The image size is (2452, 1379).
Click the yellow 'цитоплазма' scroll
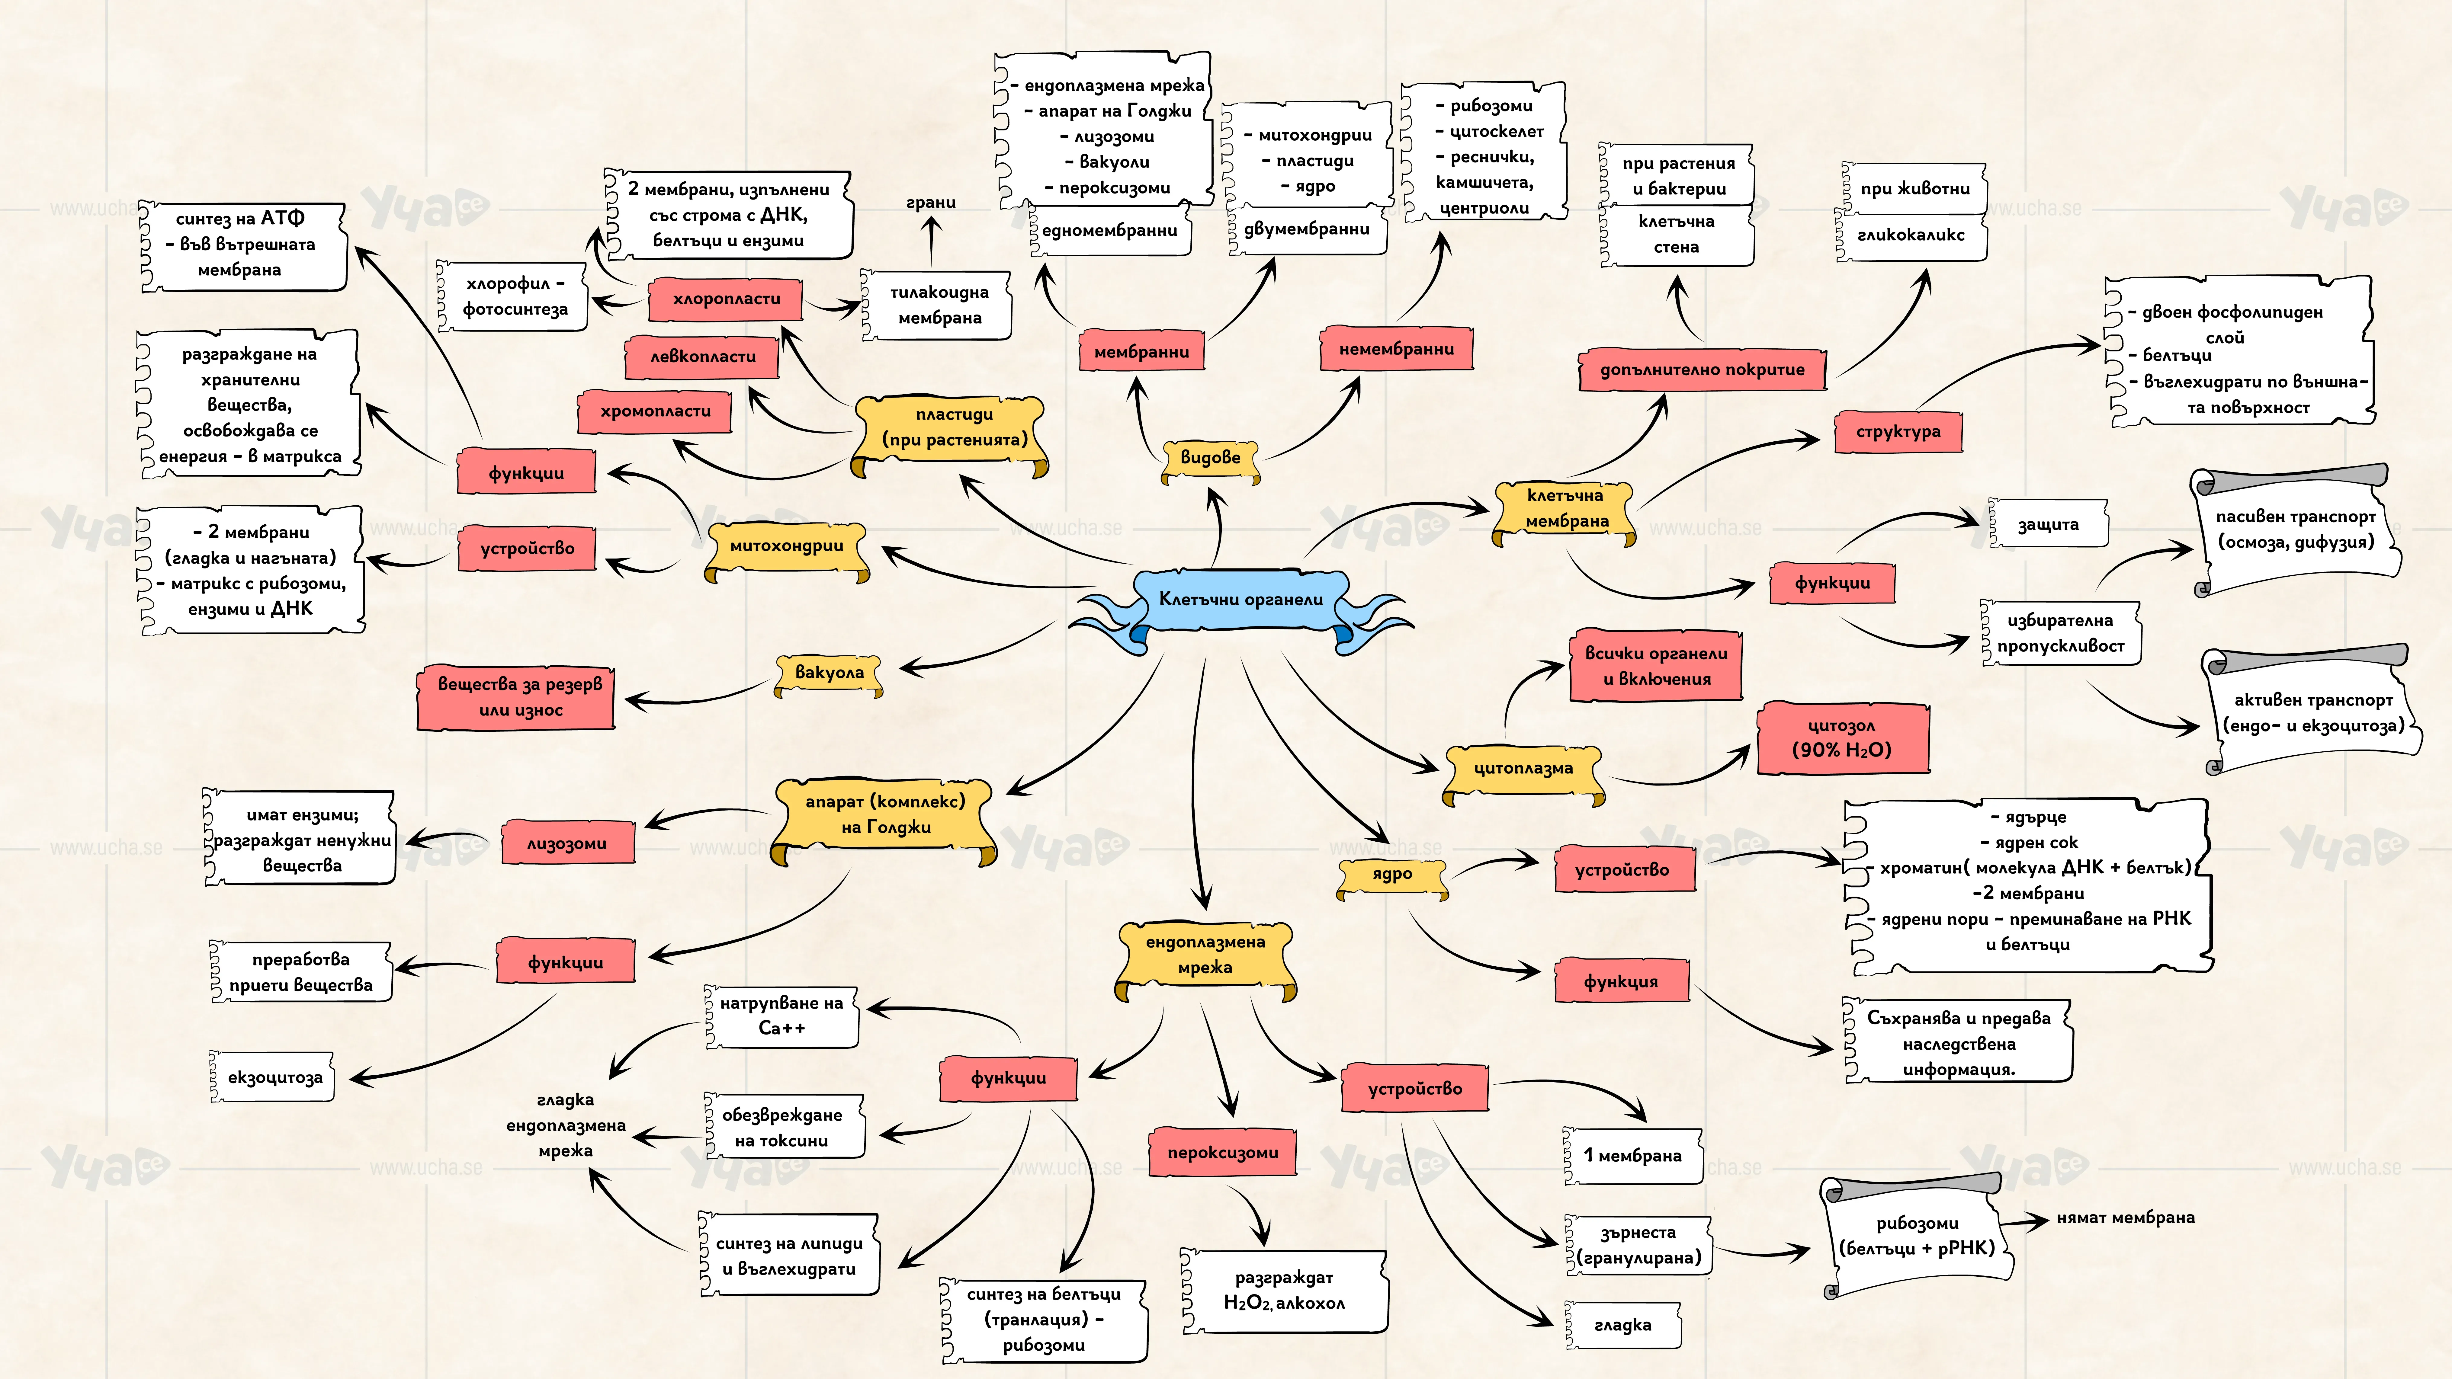point(1523,771)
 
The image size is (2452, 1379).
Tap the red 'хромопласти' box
point(655,412)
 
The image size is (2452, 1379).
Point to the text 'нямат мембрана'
point(2126,1218)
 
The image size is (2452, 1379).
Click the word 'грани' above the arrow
point(931,203)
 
